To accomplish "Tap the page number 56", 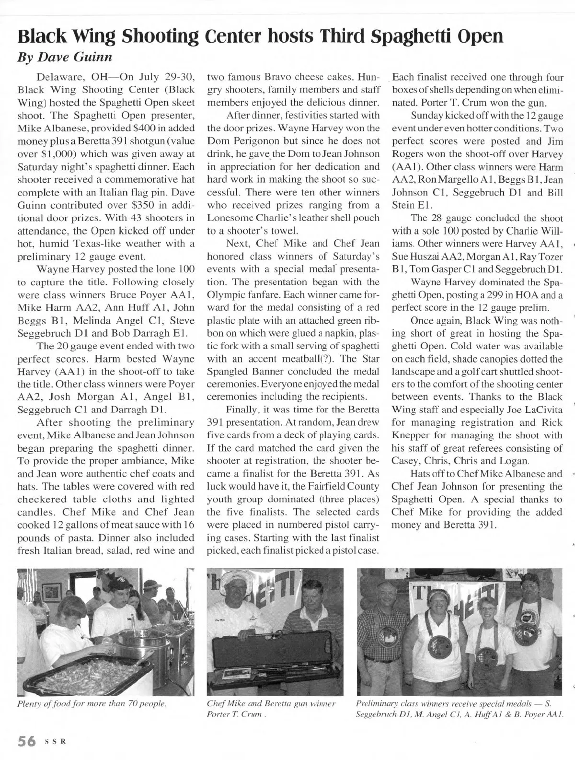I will (27, 740).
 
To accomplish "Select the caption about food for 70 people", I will (92, 703).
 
